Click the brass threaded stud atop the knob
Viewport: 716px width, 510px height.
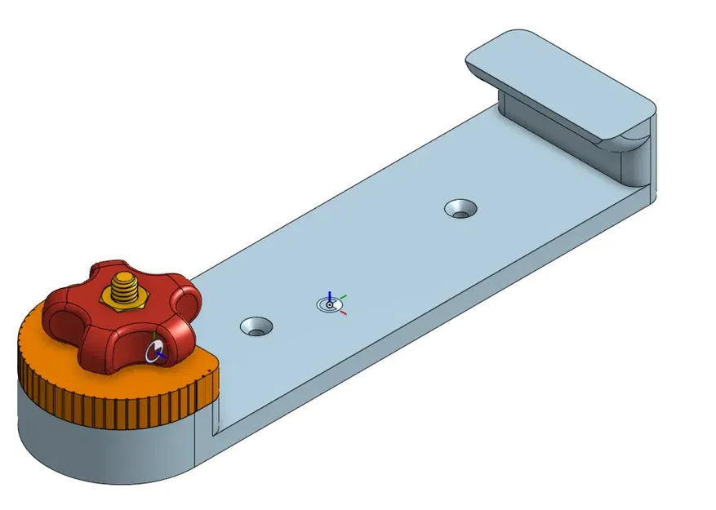coord(123,287)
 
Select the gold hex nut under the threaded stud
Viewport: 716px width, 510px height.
coord(122,299)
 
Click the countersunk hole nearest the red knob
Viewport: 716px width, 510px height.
coord(256,327)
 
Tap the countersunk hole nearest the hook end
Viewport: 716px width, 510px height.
coord(461,209)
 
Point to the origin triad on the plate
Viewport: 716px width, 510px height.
coord(329,304)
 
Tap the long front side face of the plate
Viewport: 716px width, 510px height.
coord(425,326)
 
